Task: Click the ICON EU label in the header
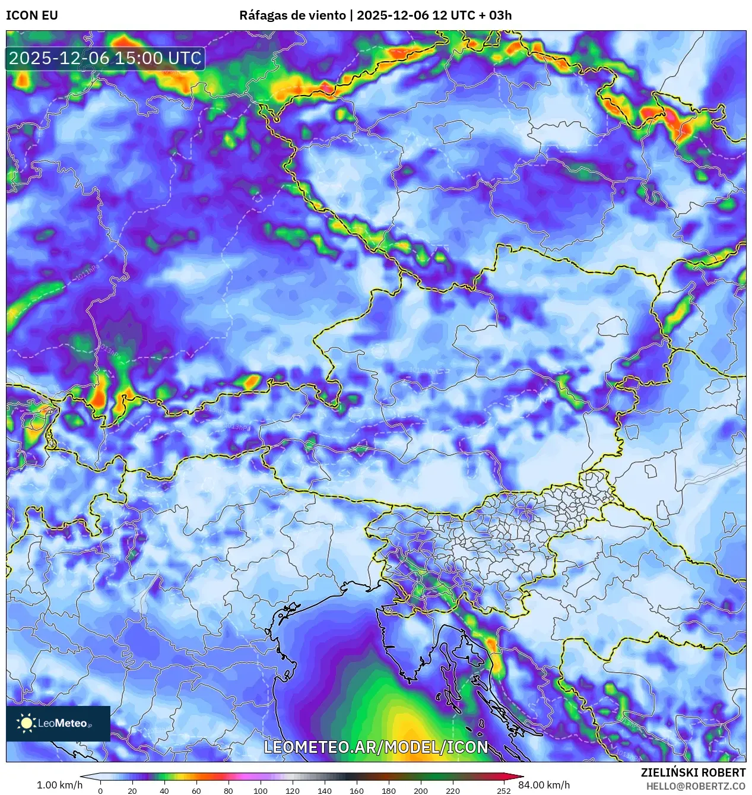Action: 32,15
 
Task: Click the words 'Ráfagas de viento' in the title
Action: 292,15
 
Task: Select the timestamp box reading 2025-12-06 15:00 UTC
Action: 105,58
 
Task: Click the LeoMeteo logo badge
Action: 58,723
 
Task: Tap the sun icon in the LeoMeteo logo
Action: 26,723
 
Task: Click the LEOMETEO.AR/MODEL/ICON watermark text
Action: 376,747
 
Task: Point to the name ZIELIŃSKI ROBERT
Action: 693,772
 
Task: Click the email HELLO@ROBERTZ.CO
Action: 696,786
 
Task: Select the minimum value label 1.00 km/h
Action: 59,785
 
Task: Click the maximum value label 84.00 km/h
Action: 544,785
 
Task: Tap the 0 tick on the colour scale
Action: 100,790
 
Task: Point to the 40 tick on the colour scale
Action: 164,790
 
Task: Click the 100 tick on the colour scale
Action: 260,790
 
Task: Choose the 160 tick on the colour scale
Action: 356,790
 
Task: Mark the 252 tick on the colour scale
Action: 504,790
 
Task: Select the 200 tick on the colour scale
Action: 420,790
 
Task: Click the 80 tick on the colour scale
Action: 228,790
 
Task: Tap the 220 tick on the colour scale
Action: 452,790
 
